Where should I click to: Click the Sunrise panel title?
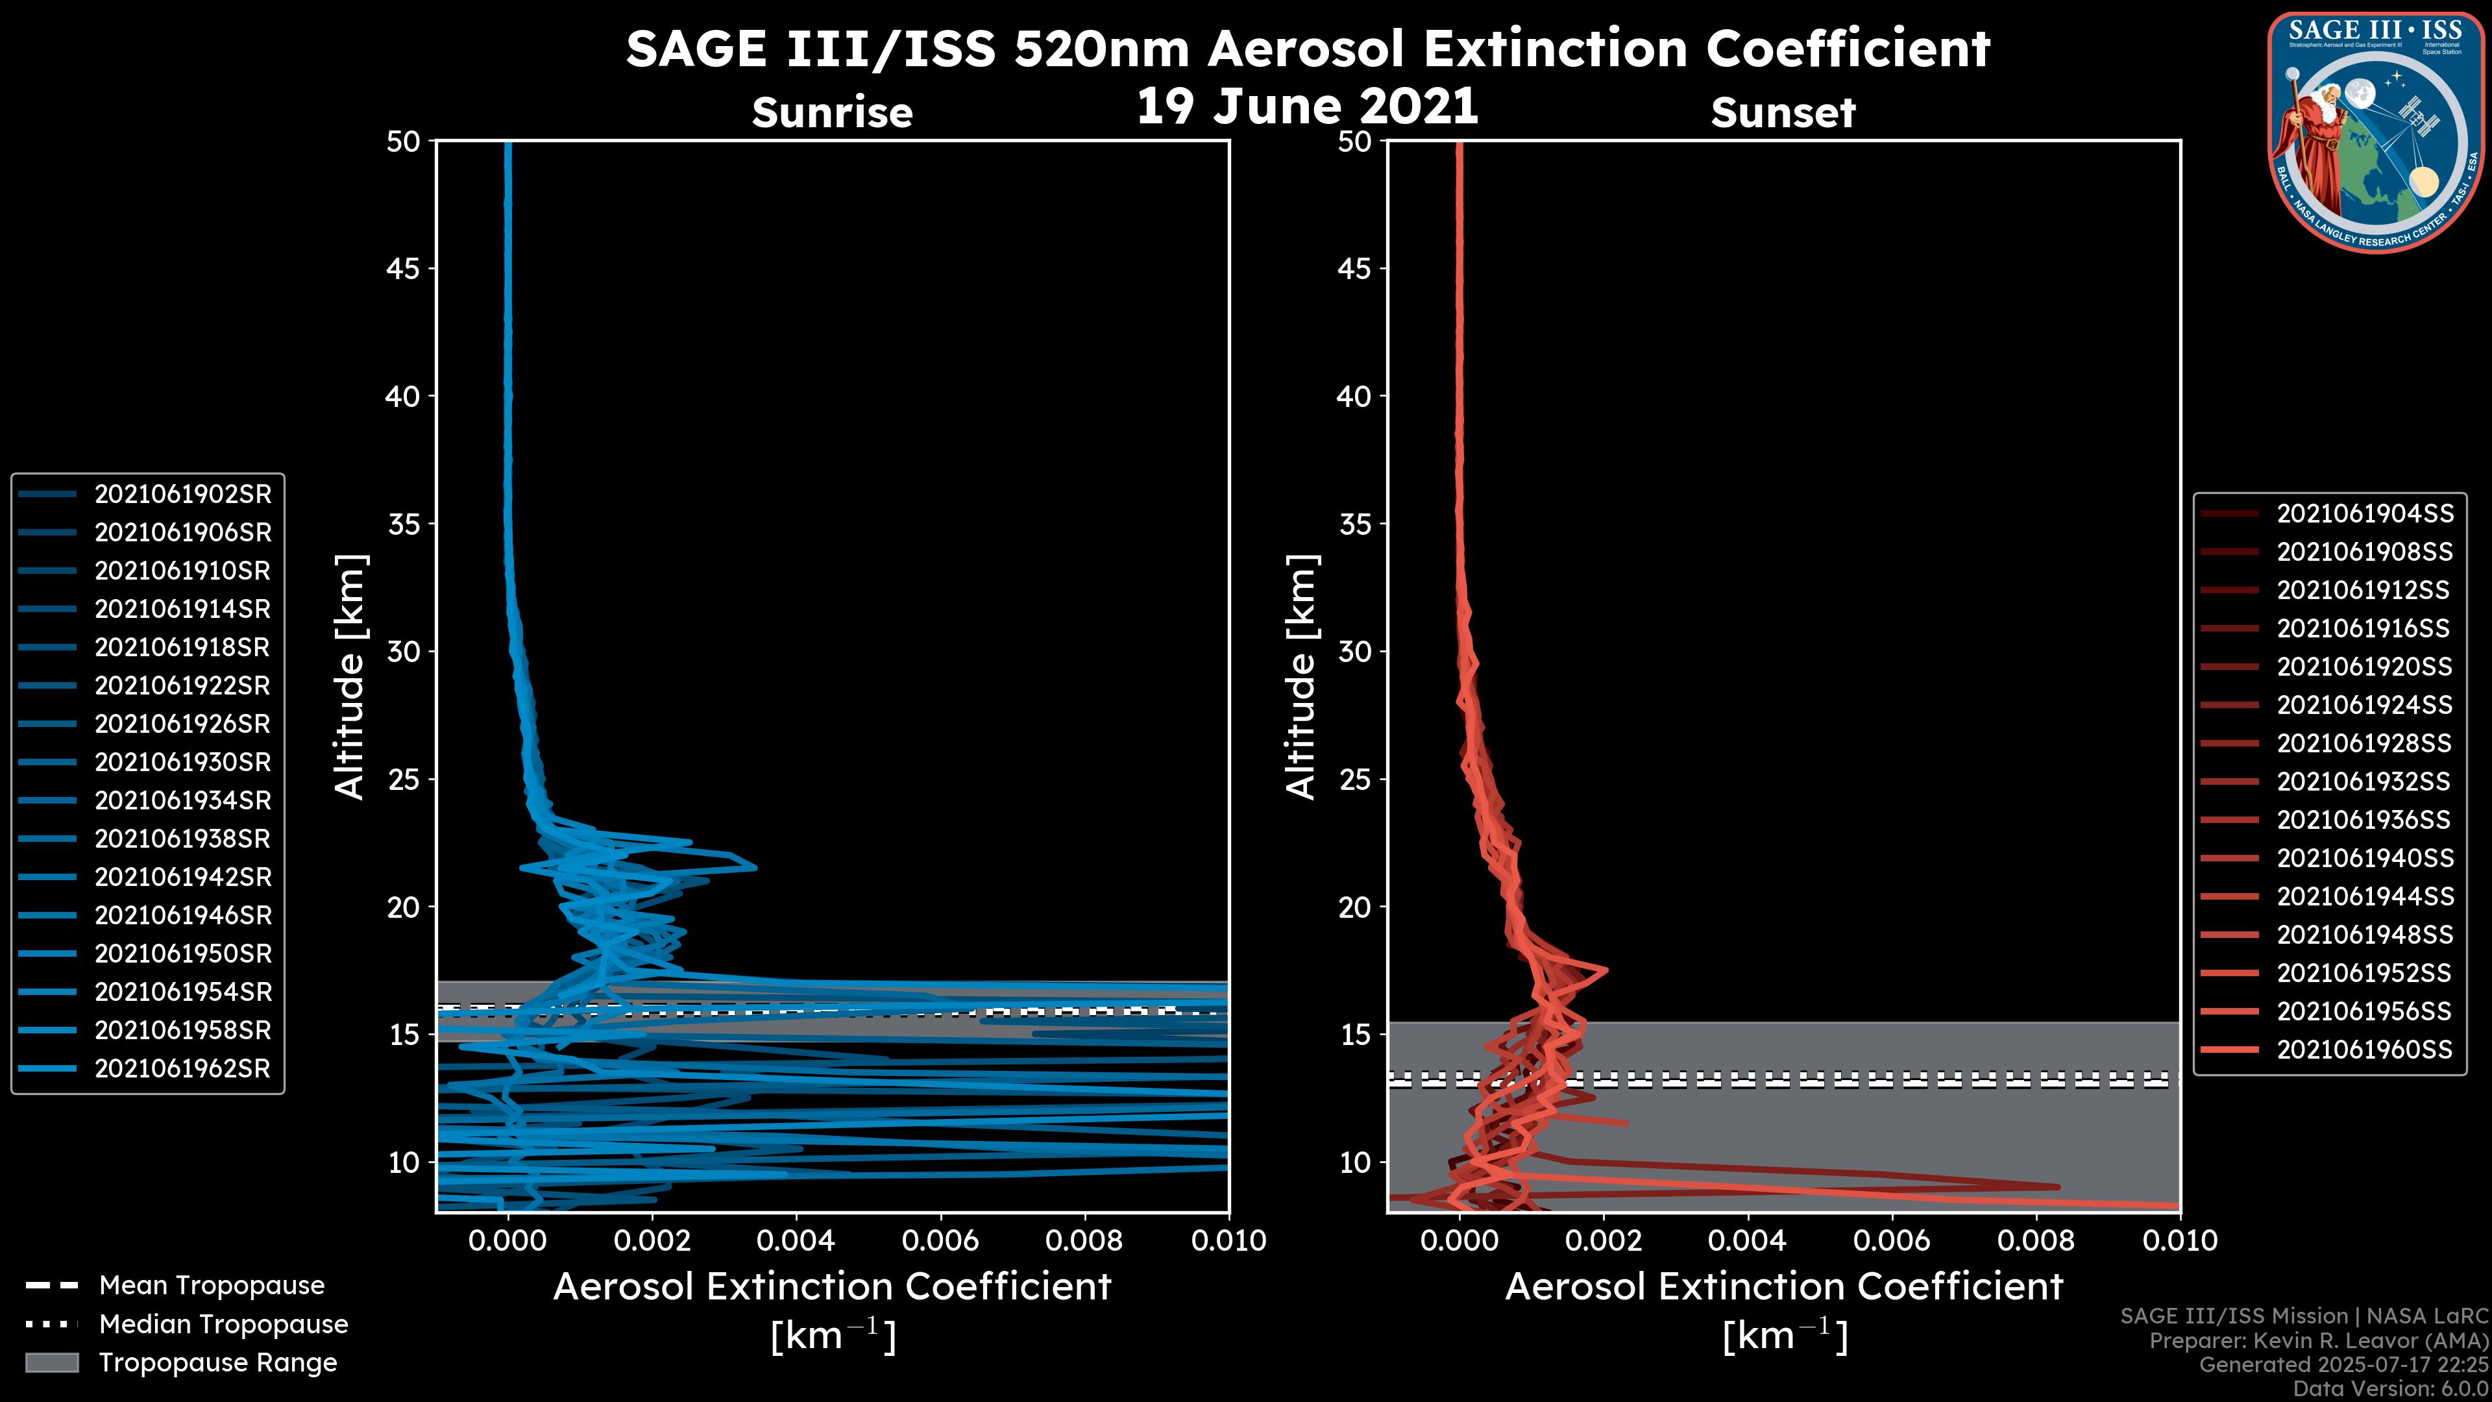832,112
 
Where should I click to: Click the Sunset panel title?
1783,112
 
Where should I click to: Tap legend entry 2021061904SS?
2364,514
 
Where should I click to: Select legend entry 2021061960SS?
2364,1050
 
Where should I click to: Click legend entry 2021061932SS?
2364,781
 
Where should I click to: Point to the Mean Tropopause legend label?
212,1286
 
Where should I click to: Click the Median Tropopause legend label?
223,1325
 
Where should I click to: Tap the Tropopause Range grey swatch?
52,1362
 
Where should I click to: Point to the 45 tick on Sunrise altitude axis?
404,268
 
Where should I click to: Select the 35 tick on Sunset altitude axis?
1355,524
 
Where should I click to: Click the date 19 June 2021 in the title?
1307,106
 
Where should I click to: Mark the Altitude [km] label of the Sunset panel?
1301,677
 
